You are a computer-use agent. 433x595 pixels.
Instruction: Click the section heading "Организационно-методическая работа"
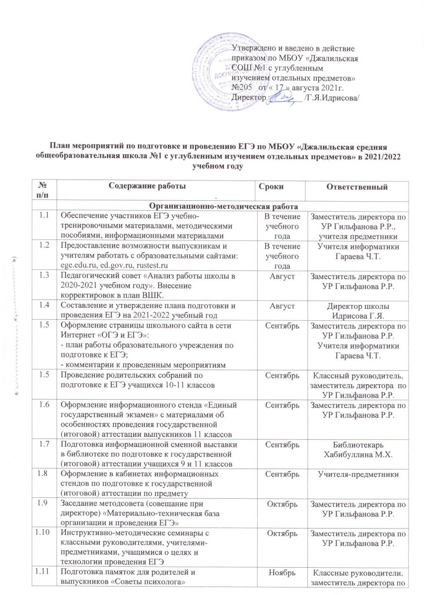click(x=233, y=206)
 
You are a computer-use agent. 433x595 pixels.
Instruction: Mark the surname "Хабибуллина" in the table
click(x=347, y=439)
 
